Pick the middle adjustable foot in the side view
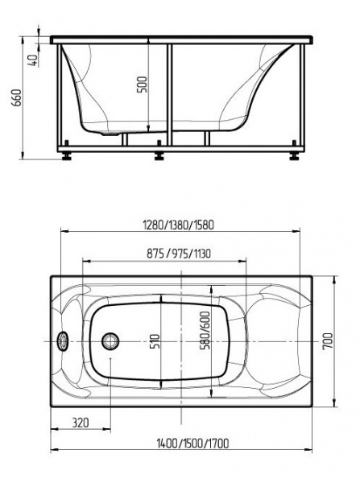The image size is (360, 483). [160, 151]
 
